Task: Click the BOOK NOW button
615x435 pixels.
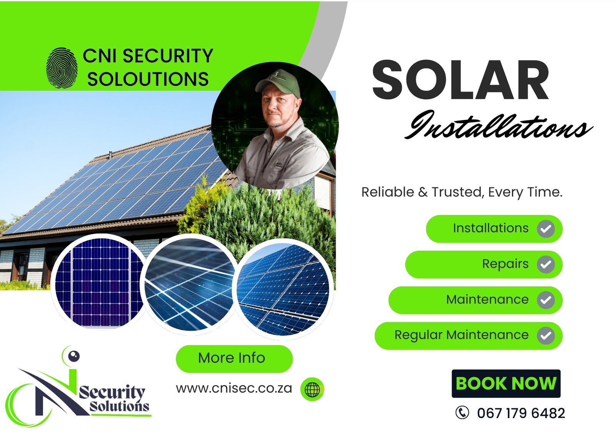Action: [x=506, y=383]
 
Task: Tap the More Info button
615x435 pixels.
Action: [x=234, y=358]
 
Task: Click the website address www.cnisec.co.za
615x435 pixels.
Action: [x=234, y=388]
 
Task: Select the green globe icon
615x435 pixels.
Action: [x=312, y=389]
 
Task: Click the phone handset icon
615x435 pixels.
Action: [x=462, y=412]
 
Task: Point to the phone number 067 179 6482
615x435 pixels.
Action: [x=521, y=413]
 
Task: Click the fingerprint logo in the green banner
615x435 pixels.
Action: [x=61, y=68]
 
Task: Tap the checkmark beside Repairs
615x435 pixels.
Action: [x=546, y=264]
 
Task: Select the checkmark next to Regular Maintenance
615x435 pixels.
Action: [x=546, y=335]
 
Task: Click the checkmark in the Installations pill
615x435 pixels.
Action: [x=546, y=228]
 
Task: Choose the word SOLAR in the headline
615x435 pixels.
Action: [x=460, y=80]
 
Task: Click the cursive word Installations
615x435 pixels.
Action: [x=498, y=125]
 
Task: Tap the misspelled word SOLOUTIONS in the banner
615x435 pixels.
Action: [x=148, y=79]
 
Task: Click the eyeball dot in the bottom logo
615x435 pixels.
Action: [x=73, y=356]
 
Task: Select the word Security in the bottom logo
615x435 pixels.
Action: [x=112, y=392]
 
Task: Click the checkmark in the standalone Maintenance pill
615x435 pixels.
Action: [x=546, y=300]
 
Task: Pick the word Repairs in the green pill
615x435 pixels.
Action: [x=505, y=264]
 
